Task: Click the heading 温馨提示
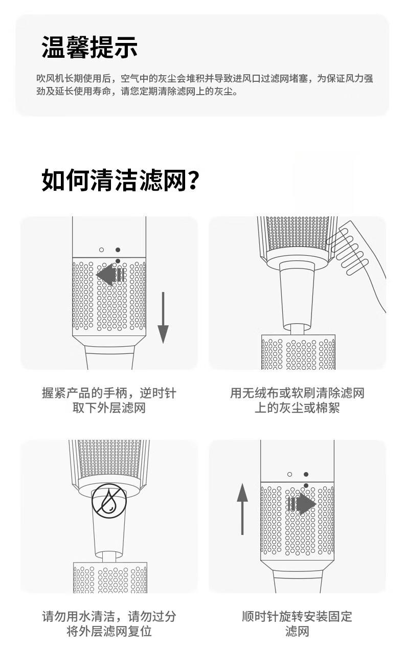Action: pos(89,47)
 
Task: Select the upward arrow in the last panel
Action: pos(242,509)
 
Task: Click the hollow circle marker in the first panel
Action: pos(102,250)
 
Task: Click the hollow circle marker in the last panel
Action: pos(290,474)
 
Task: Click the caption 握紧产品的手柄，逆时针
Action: pos(109,393)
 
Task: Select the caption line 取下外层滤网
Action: pos(109,408)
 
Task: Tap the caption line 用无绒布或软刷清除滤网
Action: pos(297,393)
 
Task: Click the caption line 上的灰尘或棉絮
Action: pos(297,408)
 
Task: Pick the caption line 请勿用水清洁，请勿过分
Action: pos(109,616)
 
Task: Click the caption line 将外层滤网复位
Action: pos(109,632)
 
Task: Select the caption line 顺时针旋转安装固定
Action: pos(297,616)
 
